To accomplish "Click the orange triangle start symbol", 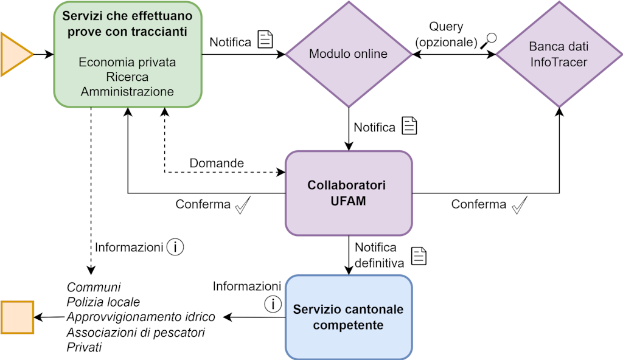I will click(15, 55).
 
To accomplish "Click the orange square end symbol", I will click(17, 317).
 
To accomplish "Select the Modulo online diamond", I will click(348, 54).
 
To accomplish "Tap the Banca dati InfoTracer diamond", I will click(559, 54).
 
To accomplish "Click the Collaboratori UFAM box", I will click(349, 193).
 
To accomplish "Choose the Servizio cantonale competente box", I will click(349, 317).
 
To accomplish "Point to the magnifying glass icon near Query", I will click(489, 41).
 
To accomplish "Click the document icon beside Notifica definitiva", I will click(419, 255).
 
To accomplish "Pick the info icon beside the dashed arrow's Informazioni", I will click(175, 247).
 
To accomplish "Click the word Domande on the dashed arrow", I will click(217, 163).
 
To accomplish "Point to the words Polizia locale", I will click(103, 302).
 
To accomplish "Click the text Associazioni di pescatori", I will click(136, 333).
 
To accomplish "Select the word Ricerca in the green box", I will click(127, 77).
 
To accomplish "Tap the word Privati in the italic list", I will click(84, 348).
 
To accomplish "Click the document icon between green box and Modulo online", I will click(265, 40).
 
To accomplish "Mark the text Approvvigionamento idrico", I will click(141, 317).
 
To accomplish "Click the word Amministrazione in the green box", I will click(127, 92).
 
